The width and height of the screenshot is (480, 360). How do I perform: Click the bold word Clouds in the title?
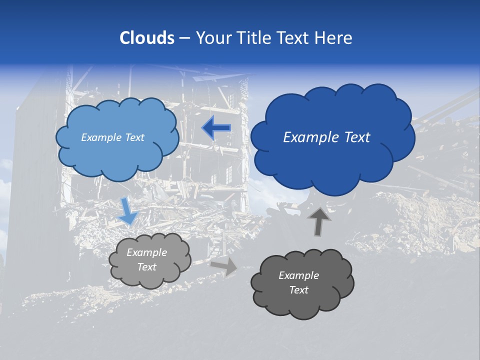146,38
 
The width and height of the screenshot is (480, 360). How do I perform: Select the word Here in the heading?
335,38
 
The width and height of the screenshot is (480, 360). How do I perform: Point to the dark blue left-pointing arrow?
216,128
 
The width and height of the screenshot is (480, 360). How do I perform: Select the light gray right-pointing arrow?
224,266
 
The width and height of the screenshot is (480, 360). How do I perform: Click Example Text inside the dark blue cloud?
326,137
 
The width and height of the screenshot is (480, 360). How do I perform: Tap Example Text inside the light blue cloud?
112,137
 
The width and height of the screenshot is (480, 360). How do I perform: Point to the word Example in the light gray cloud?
146,252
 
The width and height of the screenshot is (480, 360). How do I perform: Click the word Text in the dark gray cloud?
298,290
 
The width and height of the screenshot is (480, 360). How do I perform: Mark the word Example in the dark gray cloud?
298,275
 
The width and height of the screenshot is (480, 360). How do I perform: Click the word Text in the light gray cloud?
146,267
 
